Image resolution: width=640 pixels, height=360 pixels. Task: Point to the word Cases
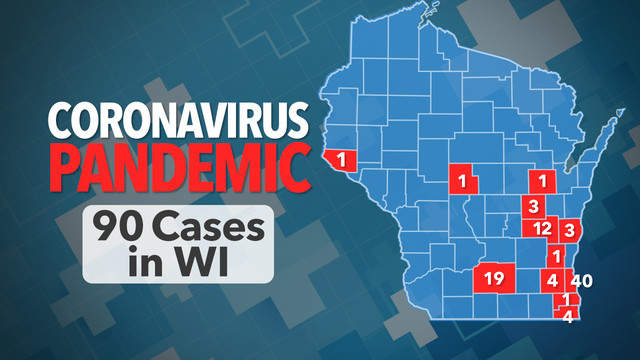coord(213,229)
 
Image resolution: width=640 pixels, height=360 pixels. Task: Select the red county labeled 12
coord(541,228)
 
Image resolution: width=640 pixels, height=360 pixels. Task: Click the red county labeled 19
coord(492,278)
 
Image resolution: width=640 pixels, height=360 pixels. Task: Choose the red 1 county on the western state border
coord(341,159)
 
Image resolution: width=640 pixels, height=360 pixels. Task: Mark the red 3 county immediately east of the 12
coord(569,230)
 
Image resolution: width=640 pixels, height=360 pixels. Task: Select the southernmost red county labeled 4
coord(568,317)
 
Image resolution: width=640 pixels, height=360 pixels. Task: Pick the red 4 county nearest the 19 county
coord(552,279)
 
